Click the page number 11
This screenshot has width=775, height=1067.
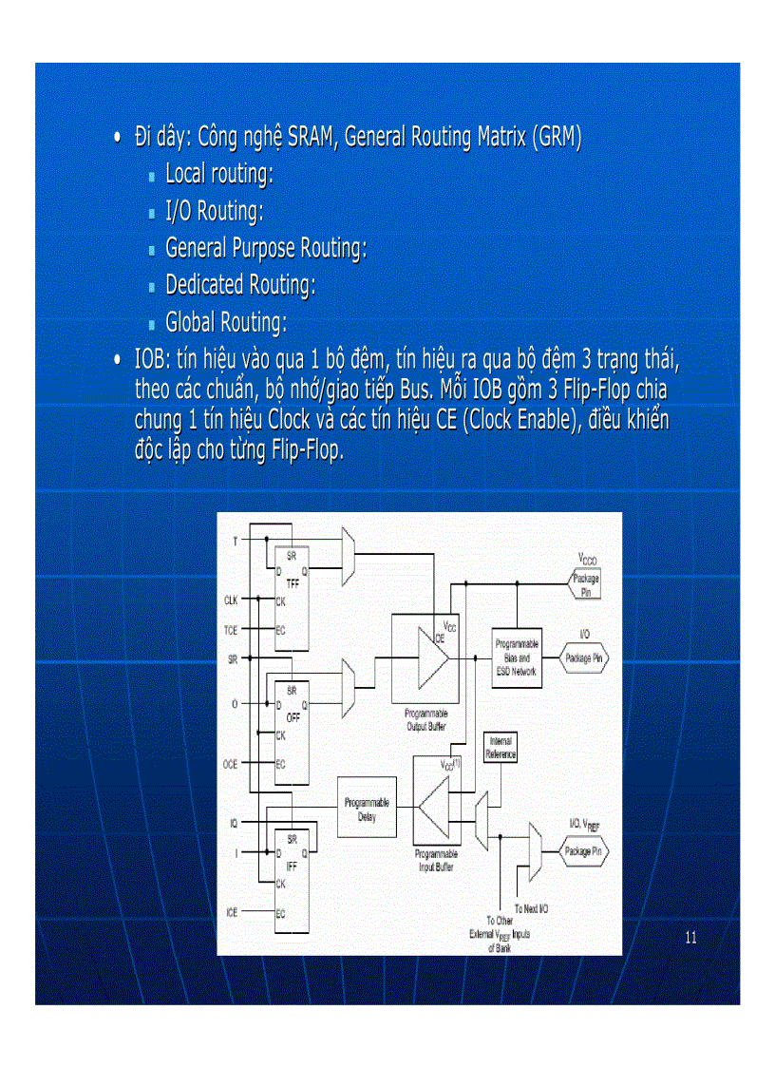click(x=690, y=938)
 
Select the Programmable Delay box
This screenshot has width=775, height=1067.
click(x=367, y=809)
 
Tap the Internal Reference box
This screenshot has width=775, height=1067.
click(x=501, y=748)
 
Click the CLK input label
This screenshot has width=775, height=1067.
click(x=231, y=600)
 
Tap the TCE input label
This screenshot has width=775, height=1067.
click(x=231, y=630)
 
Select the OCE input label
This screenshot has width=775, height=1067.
click(x=231, y=764)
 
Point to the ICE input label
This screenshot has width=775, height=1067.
click(x=232, y=912)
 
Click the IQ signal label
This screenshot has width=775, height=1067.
click(x=234, y=823)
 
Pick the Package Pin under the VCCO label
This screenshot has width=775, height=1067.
click(x=584, y=584)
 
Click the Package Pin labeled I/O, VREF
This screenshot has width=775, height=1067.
click(x=584, y=851)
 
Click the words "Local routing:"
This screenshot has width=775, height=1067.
click(x=219, y=174)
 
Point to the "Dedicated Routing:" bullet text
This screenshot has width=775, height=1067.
click(x=240, y=285)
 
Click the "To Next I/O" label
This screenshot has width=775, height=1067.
click(x=531, y=909)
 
